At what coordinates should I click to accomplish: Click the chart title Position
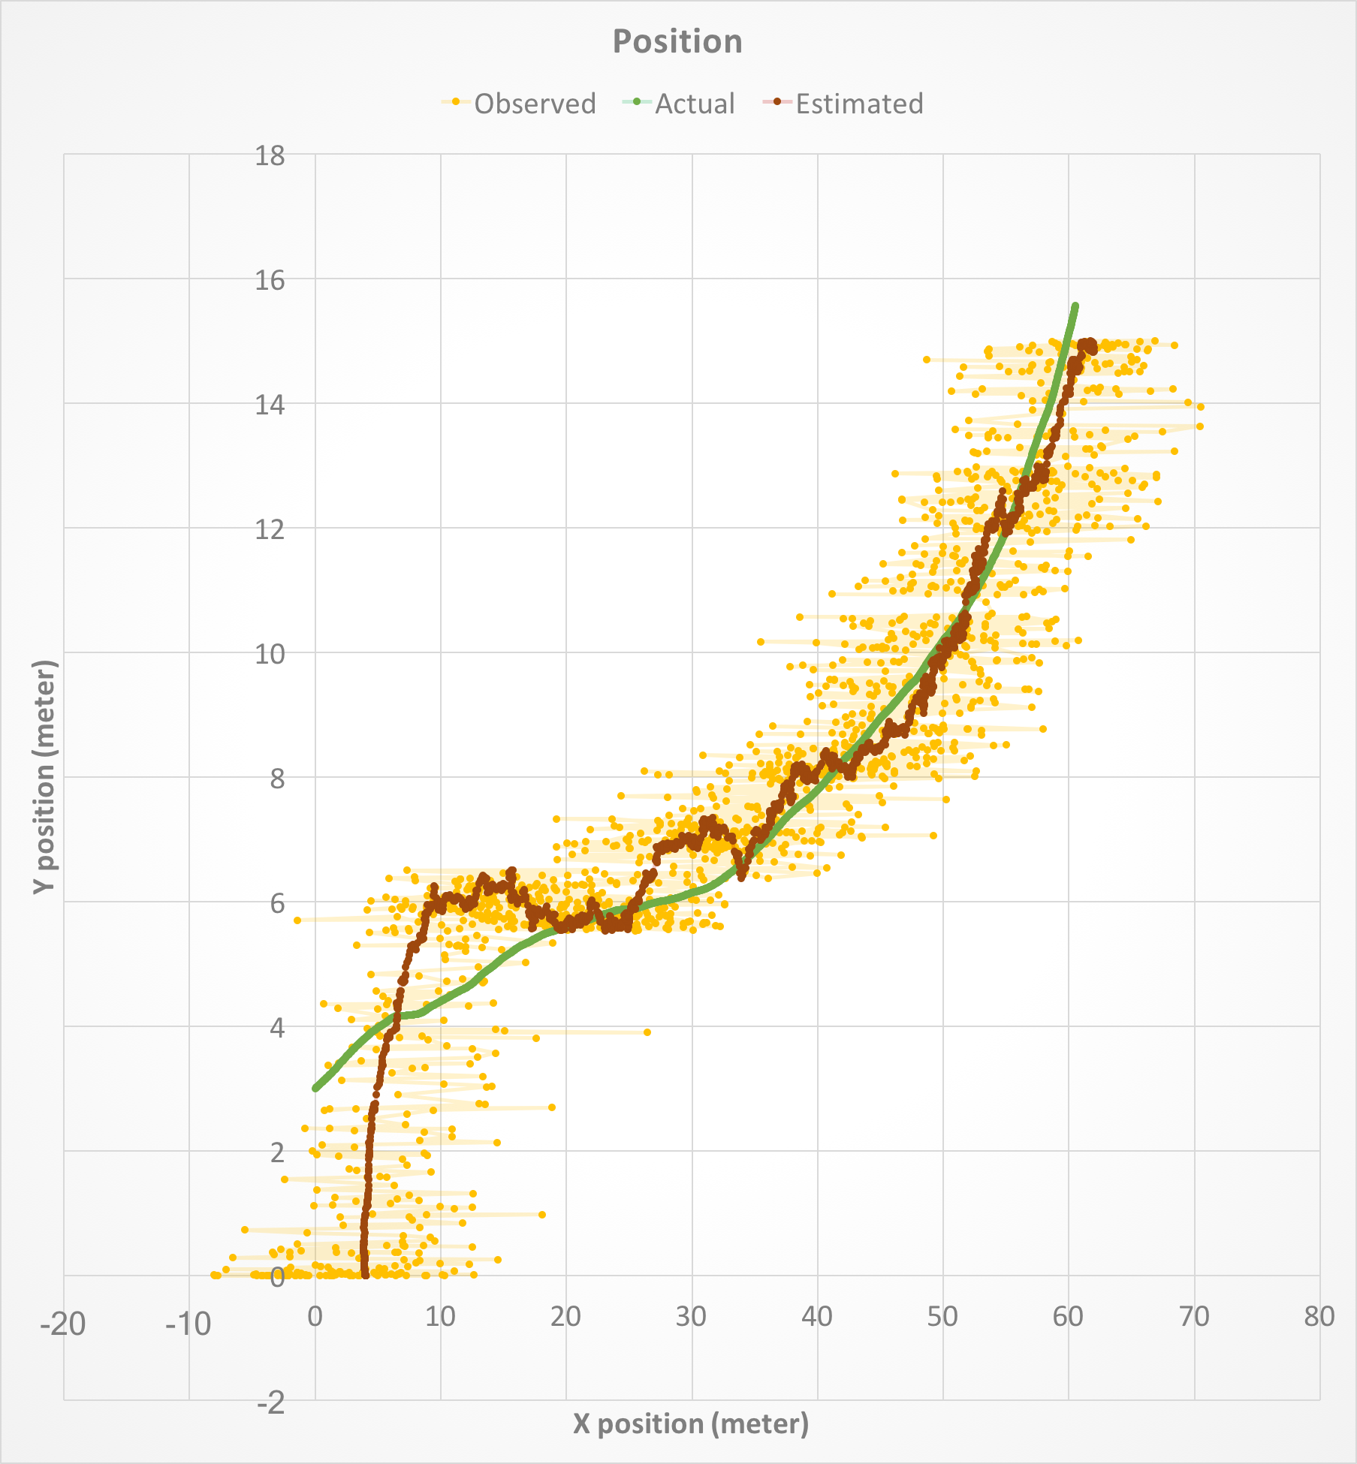677,41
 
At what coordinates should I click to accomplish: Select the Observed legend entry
534,104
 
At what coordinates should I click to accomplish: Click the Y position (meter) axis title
45,776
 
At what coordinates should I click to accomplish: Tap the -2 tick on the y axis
270,1402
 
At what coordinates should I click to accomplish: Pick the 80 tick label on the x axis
1319,1316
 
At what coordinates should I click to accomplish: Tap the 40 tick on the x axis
817,1316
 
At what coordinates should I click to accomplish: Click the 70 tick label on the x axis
1193,1316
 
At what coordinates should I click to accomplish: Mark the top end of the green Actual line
1075,306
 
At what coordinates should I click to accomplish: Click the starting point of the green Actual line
316,1088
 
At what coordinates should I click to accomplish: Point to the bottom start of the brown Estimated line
365,1274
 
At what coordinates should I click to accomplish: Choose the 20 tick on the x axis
565,1316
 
